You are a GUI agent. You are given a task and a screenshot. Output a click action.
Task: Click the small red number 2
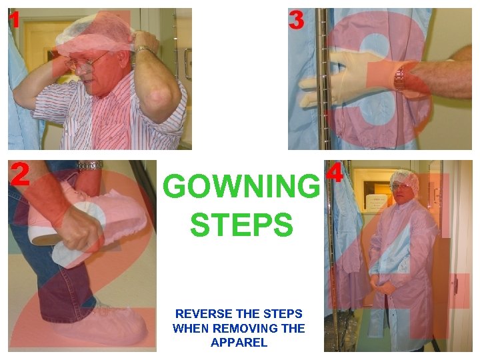click(x=19, y=174)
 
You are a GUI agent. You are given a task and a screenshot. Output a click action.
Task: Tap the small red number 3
click(x=296, y=21)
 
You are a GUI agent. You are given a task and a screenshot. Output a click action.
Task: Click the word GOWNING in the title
click(x=241, y=187)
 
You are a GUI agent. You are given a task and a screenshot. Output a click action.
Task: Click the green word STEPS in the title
click(x=241, y=225)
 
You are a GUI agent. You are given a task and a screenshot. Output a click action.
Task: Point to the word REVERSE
click(x=202, y=313)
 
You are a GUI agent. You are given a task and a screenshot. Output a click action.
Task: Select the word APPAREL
click(x=239, y=343)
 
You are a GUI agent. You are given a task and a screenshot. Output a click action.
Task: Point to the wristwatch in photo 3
click(x=399, y=78)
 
